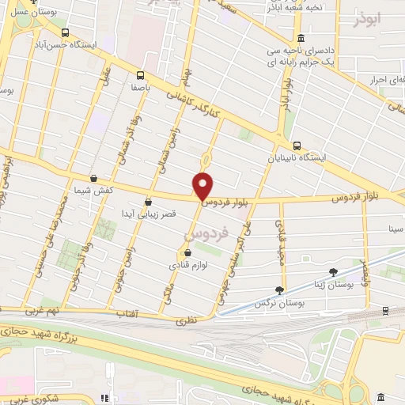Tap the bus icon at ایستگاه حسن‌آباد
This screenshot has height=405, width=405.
[64, 33]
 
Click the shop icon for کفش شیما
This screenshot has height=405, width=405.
[94, 179]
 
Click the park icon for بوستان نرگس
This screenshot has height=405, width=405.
[279, 290]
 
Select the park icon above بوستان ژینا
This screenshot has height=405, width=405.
[333, 271]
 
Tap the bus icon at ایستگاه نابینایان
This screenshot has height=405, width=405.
[297, 146]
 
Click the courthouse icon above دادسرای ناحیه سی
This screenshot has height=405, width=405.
[301, 39]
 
